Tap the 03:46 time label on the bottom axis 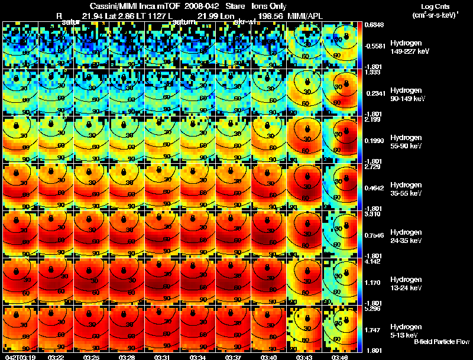339,357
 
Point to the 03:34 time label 197,357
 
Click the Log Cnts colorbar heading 432,5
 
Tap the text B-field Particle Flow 441,342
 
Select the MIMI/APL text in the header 306,15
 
